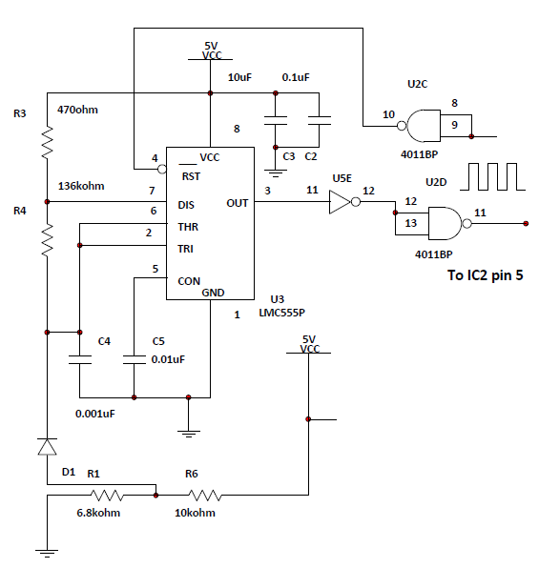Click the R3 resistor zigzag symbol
(47, 142)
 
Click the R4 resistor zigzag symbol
(47, 240)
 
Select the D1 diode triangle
(47, 446)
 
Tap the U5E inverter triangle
(340, 202)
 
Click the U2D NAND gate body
(446, 224)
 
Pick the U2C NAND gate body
(424, 126)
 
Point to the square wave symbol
(492, 176)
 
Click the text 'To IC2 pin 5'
(486, 275)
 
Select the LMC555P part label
(281, 313)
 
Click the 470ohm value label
(77, 110)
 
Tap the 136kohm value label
(81, 186)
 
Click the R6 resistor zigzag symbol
(205, 496)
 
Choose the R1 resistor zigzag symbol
(107, 496)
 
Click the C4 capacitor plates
(80, 359)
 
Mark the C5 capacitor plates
(135, 359)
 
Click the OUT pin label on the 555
(238, 203)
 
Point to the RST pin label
(191, 176)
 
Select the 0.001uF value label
(95, 414)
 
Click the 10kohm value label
(195, 513)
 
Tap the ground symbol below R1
(47, 554)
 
